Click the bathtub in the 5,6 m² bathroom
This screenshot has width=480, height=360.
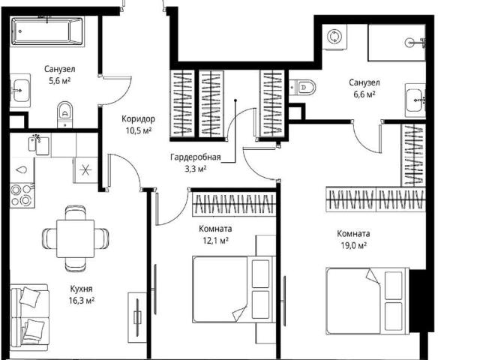coord(46,31)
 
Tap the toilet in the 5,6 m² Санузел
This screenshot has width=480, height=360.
coord(65,115)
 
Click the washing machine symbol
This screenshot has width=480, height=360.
coord(334,37)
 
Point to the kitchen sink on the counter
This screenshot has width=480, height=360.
coord(39,145)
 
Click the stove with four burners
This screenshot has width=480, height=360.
coord(22,195)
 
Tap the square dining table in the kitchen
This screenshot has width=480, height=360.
coord(75,238)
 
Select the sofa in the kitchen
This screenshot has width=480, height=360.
coord(29,317)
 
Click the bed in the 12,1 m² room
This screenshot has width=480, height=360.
coord(234,289)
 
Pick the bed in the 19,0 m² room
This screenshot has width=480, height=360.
coord(367,301)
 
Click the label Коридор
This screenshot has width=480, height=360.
coord(138,118)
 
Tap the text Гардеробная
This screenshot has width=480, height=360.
coord(196,157)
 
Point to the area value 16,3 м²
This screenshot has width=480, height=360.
coord(82,301)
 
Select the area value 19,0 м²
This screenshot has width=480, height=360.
coord(353,245)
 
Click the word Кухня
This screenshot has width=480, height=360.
coord(81,289)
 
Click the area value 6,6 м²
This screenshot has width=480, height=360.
coord(364,94)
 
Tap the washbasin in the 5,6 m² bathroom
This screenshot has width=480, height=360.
coord(20,91)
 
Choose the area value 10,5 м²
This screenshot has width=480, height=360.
coord(139,130)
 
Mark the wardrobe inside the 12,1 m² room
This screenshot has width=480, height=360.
coord(234,204)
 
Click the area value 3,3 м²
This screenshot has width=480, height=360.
coord(196,169)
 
